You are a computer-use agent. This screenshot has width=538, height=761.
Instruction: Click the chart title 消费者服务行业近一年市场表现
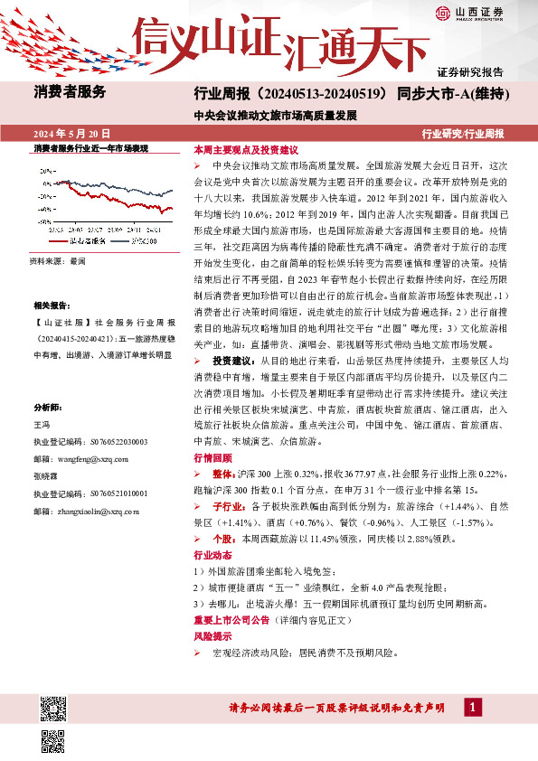[90, 146]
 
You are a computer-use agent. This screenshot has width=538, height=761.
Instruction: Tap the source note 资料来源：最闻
[58, 260]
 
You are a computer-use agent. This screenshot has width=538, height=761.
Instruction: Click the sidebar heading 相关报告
[52, 306]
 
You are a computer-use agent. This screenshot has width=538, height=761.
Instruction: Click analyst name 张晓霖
[45, 476]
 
